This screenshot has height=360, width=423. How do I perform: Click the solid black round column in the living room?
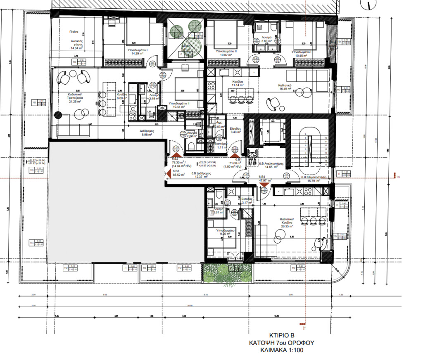tap(59, 116)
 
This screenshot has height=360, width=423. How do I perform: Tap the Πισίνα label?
tap(74, 31)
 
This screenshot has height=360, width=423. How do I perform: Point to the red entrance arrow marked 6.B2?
tap(175, 154)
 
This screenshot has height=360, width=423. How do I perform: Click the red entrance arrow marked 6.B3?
tap(168, 174)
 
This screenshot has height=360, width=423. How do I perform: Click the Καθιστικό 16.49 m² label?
tap(285, 87)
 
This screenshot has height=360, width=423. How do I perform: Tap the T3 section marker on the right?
tap(398, 178)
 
